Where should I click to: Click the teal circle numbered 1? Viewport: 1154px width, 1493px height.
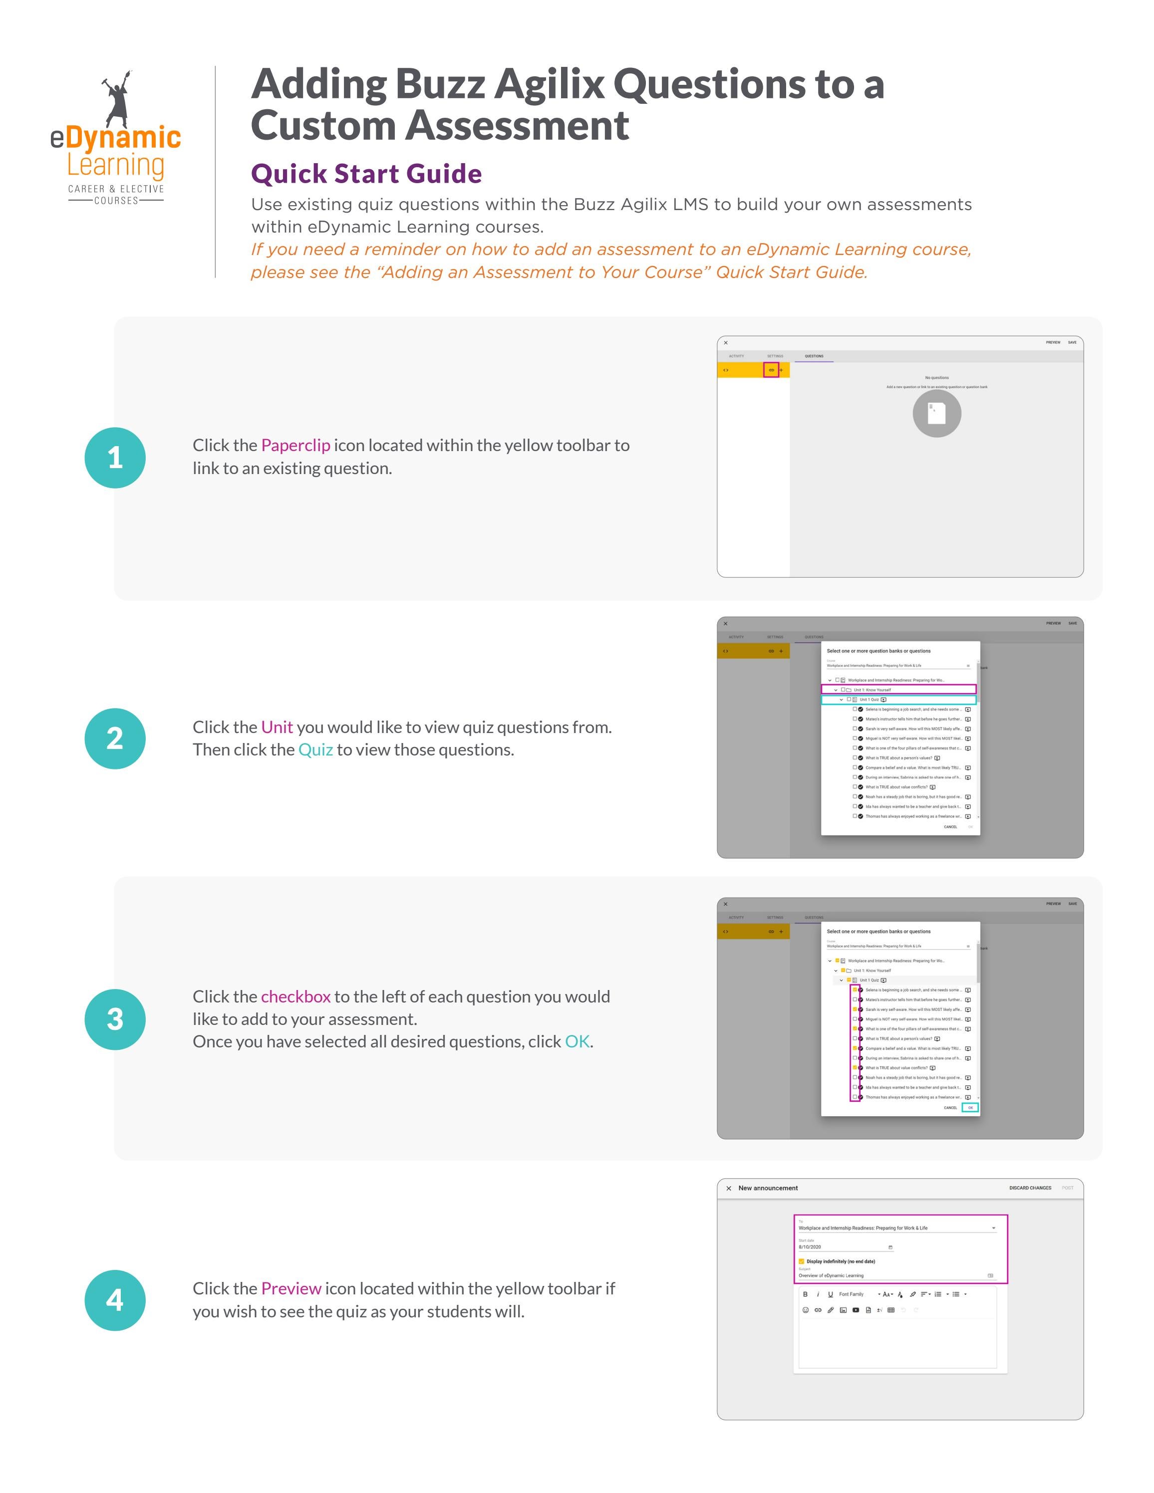[x=115, y=458]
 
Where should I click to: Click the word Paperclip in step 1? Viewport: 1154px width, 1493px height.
[x=295, y=446]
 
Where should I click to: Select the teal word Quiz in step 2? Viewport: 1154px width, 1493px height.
[x=315, y=750]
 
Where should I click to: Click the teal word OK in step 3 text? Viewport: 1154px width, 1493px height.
[x=577, y=1042]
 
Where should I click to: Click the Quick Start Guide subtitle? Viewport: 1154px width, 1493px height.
[x=366, y=174]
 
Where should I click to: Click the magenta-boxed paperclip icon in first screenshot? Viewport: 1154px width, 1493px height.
[x=771, y=370]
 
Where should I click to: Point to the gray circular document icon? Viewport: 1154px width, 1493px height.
[x=936, y=413]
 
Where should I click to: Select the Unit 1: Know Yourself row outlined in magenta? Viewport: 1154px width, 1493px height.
[x=898, y=690]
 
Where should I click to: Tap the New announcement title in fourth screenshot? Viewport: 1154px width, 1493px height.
[x=768, y=1188]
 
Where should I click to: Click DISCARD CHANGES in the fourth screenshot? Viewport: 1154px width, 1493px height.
[x=1030, y=1188]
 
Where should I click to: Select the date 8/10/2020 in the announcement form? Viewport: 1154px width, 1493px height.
[x=810, y=1247]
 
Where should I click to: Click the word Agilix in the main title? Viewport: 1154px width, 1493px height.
[x=549, y=84]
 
